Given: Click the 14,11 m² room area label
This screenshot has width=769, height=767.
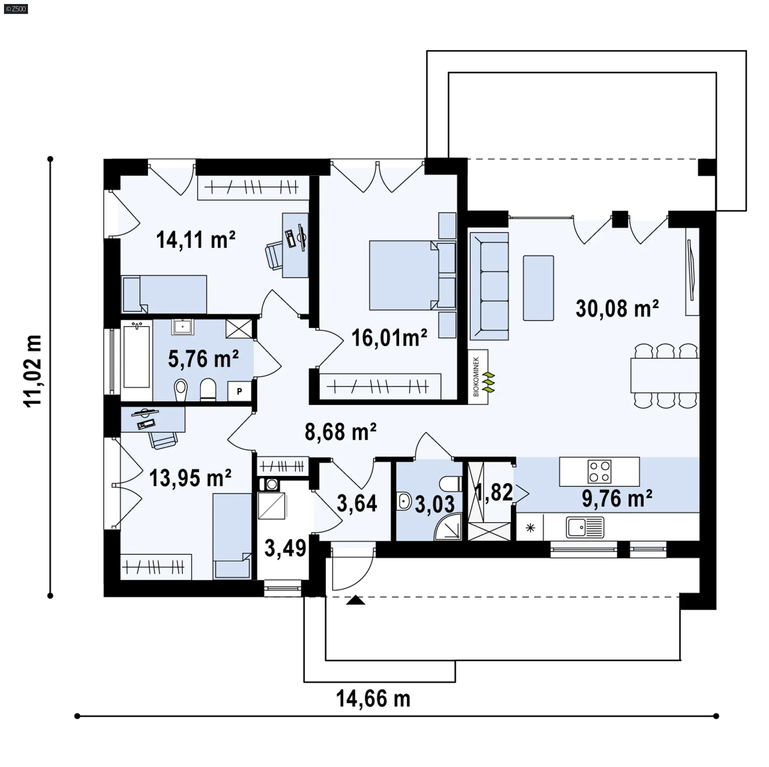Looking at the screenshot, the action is [195, 240].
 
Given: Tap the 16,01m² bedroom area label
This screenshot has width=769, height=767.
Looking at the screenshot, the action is [389, 338].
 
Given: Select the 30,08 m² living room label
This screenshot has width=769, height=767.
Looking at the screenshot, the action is [617, 308].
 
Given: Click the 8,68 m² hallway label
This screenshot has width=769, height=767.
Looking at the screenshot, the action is [340, 431].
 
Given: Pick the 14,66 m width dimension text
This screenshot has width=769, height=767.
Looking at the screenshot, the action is [373, 699].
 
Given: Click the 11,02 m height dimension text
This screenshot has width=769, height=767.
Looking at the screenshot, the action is [33, 371].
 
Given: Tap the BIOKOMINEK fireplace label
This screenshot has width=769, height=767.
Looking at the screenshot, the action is [476, 376].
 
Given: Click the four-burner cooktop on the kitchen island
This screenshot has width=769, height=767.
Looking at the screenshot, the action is [599, 471].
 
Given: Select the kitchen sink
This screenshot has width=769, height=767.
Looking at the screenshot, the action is [585, 527].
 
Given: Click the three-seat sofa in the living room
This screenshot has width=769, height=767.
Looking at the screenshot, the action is [489, 286].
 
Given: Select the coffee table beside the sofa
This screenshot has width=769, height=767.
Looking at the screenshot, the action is [538, 288].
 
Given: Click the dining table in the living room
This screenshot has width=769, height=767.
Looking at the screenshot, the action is [665, 375].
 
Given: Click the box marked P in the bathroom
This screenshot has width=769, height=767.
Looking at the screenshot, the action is [240, 391].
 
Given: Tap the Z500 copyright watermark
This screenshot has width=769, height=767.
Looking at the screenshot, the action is [16, 8].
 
